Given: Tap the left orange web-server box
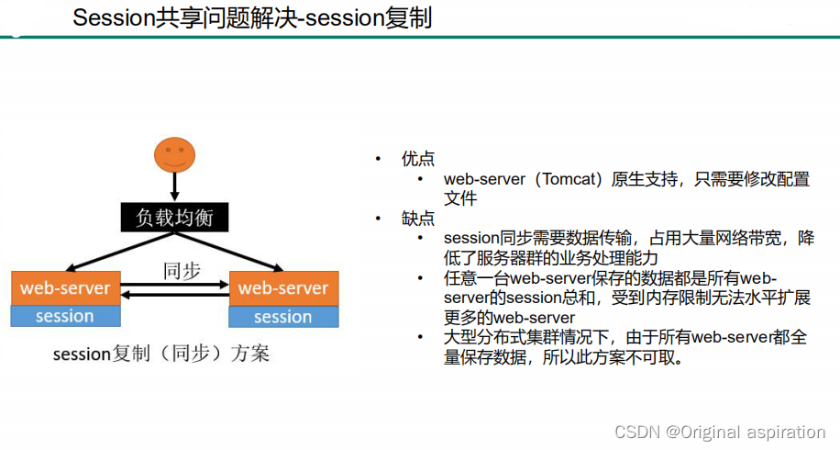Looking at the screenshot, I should tap(65, 287).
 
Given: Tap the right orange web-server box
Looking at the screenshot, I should tap(283, 287).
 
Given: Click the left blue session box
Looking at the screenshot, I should tap(65, 316).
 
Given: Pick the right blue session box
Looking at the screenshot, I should tap(283, 316).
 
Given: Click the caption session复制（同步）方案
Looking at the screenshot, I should tap(161, 353).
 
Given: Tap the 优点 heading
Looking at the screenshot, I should tap(417, 158).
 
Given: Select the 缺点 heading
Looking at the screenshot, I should tap(417, 219).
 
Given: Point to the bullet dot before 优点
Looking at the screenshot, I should tap(377, 158).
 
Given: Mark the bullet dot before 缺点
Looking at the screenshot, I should tap(377, 219).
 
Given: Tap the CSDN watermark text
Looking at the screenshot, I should tap(720, 432).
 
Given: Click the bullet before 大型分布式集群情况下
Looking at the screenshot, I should tap(420, 338).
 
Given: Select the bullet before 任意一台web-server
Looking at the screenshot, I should tap(420, 278).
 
